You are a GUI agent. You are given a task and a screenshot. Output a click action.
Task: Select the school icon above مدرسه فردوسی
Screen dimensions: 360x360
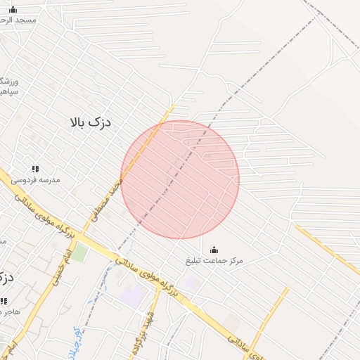pyautogui.click(x=35, y=169)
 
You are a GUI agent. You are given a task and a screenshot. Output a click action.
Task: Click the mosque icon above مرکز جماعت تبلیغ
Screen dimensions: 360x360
pyautogui.click(x=214, y=250)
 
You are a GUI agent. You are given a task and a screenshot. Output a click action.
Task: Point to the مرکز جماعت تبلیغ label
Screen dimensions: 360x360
pyautogui.click(x=214, y=261)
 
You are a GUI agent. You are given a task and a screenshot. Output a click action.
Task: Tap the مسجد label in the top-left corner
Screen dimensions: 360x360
pyautogui.click(x=16, y=20)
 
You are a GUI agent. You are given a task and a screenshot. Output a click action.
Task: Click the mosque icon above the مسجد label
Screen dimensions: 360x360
pyautogui.click(x=13, y=9)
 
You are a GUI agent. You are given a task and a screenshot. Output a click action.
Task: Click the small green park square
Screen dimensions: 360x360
pyautogui.click(x=79, y=252)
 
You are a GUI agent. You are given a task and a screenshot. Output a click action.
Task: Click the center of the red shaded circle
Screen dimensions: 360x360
pyautogui.click(x=180, y=179)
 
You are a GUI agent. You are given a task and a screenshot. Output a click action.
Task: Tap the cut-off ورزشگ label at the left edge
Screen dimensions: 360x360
pyautogui.click(x=8, y=82)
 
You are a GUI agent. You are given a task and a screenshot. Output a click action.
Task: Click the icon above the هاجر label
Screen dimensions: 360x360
pyautogui.click(x=4, y=301)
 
